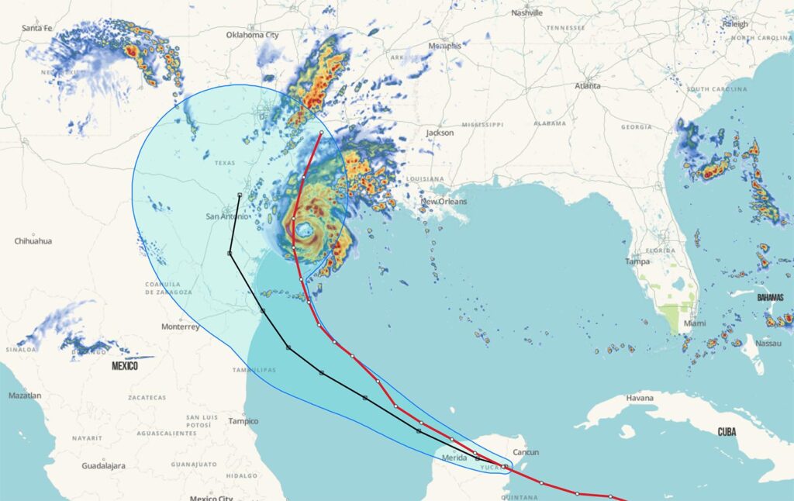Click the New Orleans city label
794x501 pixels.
tap(444, 202)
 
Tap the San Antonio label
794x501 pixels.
tap(227, 216)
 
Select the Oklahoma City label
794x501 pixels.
tap(252, 35)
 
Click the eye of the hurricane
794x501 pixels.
tap(303, 230)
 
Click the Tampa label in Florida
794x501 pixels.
tap(637, 261)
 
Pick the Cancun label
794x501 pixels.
tap(526, 452)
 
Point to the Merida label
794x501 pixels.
tap(454, 458)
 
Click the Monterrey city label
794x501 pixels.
tap(181, 327)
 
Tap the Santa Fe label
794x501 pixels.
tap(36, 28)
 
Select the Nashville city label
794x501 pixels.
tap(527, 12)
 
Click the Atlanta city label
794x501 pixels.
tap(587, 85)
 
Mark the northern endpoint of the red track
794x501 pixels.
tap(321, 133)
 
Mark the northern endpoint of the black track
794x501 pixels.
tap(240, 195)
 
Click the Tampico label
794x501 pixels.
tap(243, 421)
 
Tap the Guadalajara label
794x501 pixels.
tap(104, 466)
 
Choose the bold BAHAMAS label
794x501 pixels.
tap(770, 297)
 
